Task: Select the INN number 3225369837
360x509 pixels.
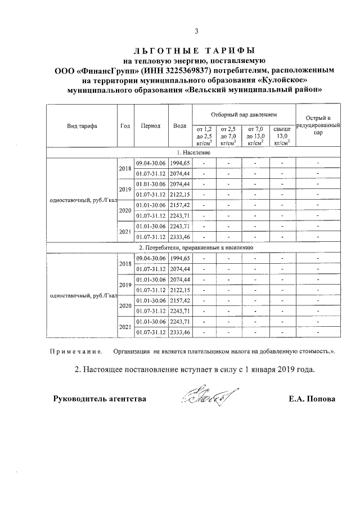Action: (182, 71)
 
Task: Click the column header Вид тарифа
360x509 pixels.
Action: (82, 126)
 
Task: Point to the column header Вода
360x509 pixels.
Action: (180, 126)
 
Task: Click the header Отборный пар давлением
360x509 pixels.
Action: (243, 114)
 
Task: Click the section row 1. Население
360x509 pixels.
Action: (194, 153)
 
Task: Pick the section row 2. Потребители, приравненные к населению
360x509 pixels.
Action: (194, 247)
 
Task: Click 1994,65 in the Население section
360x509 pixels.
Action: (180, 163)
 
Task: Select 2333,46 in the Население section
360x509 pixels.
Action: (180, 237)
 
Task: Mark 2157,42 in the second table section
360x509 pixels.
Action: (180, 300)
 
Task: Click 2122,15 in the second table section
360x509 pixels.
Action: (180, 290)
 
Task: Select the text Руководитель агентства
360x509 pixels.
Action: (100, 399)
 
